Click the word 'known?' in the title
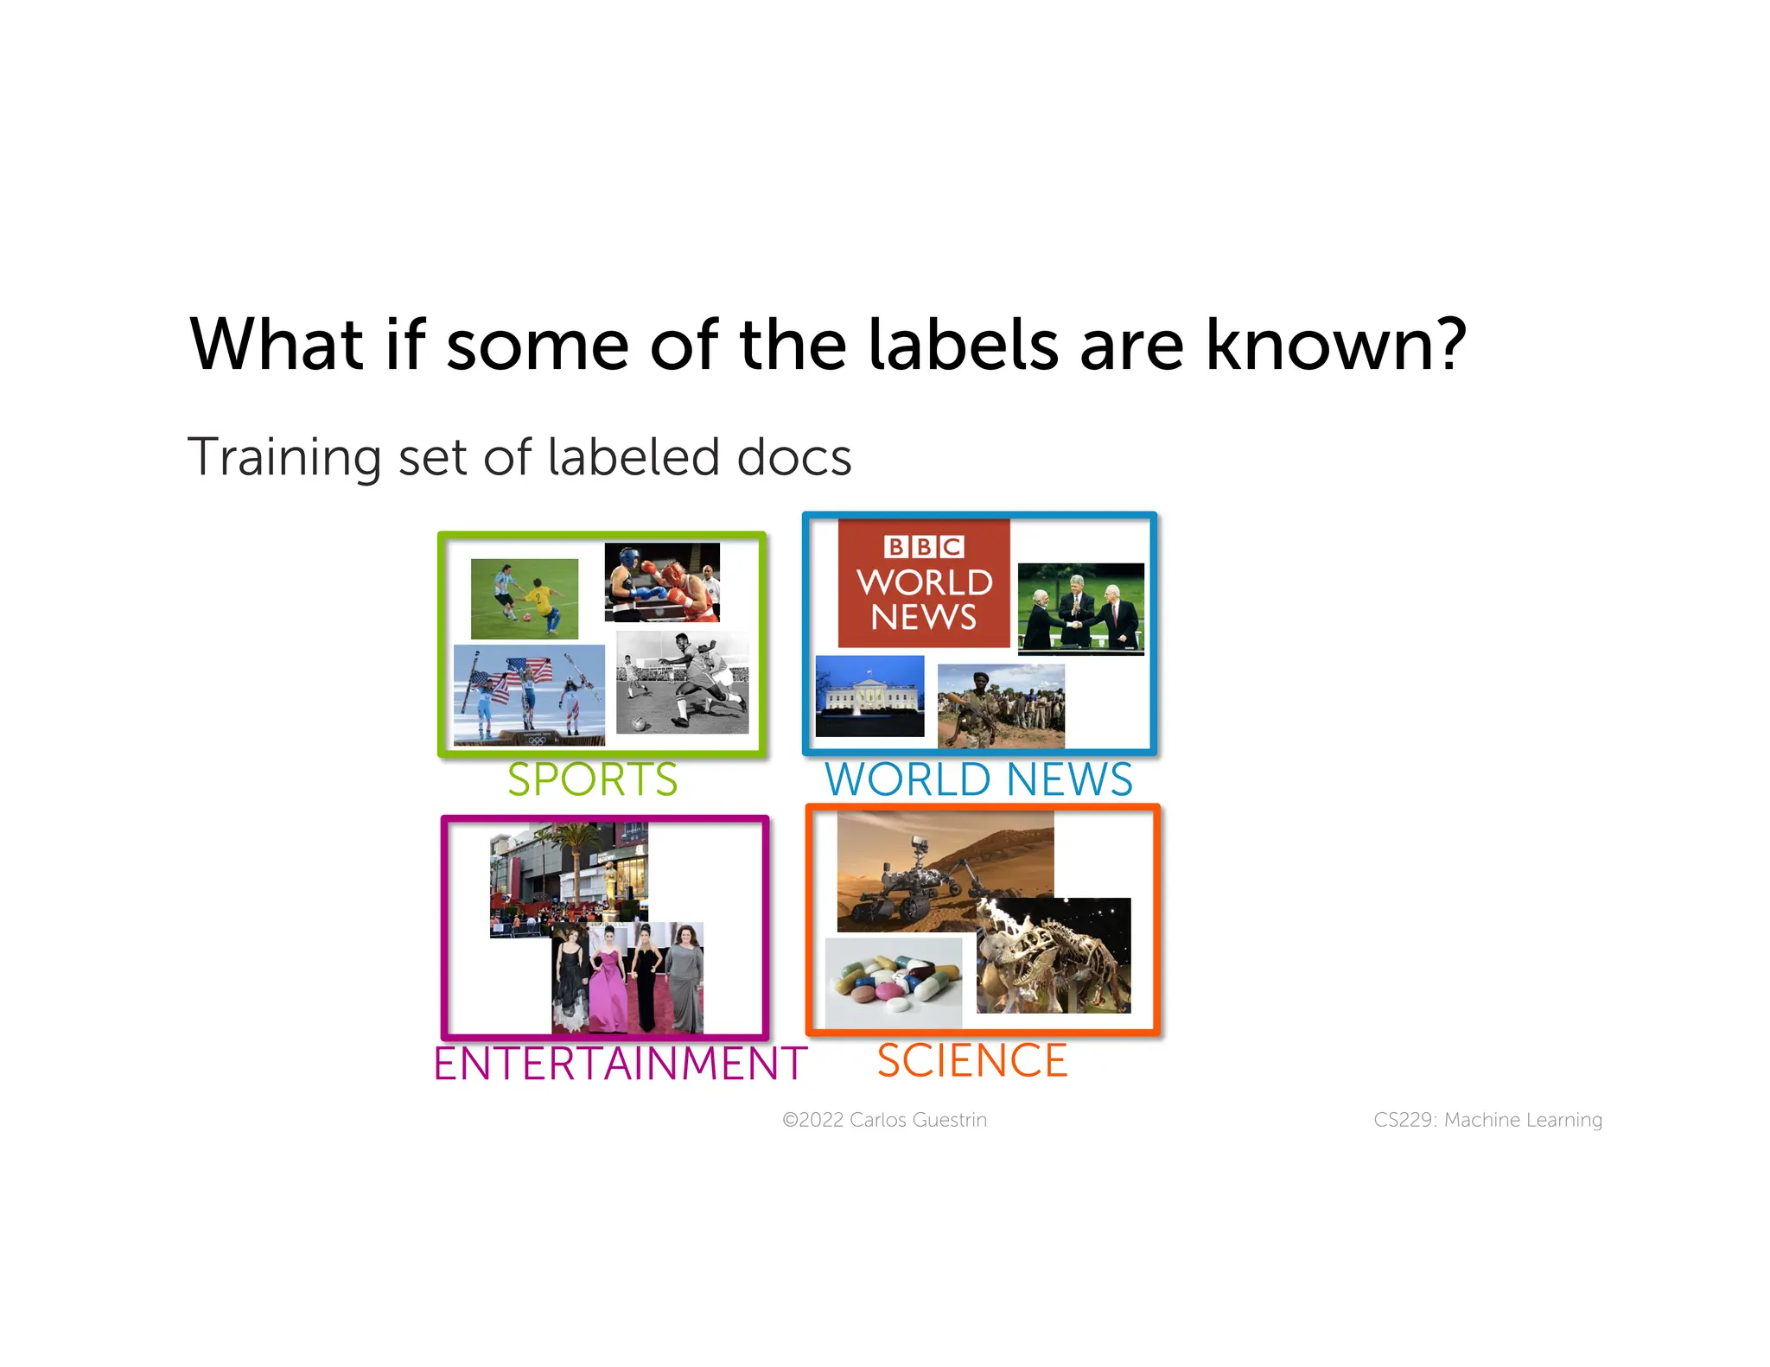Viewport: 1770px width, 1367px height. pos(1334,345)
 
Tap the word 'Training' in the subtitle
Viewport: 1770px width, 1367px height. pos(283,457)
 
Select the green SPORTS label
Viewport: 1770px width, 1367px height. pos(592,779)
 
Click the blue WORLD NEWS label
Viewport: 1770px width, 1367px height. pos(978,779)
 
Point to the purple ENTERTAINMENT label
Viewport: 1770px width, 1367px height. pos(620,1063)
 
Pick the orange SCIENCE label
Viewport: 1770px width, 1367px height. pos(972,1060)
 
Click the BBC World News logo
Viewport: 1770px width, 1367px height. pos(924,583)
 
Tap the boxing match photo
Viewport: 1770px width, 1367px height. pos(662,582)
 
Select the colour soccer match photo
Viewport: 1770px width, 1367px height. pos(525,598)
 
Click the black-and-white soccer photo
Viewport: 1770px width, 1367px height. pos(682,683)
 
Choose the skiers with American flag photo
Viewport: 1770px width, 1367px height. pos(529,695)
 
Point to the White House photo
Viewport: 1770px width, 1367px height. pos(869,696)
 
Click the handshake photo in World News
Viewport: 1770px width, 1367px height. pos(1081,608)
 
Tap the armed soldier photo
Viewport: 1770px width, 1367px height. pos(1001,705)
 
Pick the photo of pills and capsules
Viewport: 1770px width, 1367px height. pos(894,982)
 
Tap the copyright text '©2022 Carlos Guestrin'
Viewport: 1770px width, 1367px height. pos(884,1120)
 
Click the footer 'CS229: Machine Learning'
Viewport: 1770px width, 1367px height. pos(1487,1120)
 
